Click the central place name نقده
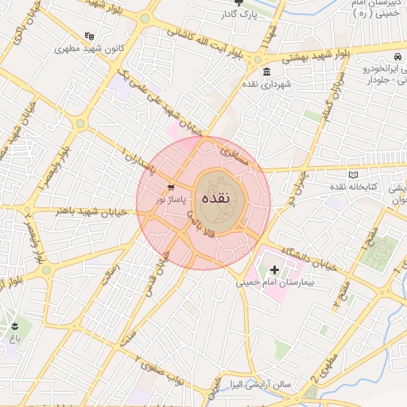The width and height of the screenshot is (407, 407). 215,198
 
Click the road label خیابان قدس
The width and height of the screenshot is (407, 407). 159,266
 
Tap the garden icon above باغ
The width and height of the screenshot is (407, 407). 15,327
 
